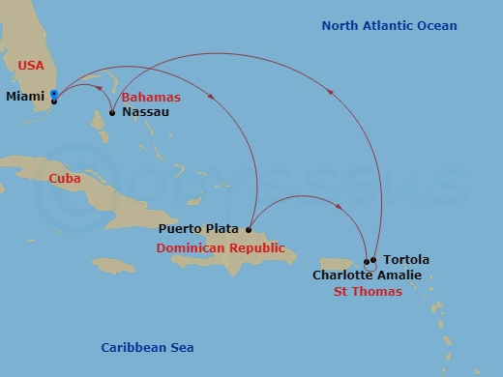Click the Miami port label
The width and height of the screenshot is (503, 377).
click(x=25, y=97)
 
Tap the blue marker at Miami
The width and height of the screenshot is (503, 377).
click(x=54, y=95)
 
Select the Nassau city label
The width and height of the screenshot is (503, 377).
click(x=146, y=112)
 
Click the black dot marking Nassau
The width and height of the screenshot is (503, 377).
click(x=112, y=113)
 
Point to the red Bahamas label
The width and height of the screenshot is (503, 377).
click(x=151, y=98)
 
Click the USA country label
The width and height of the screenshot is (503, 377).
click(x=32, y=65)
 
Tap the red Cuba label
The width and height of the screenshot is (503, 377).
click(x=65, y=179)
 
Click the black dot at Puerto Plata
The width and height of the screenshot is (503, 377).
click(x=249, y=230)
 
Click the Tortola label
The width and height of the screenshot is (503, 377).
click(x=406, y=260)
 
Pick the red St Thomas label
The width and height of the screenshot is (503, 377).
click(x=368, y=291)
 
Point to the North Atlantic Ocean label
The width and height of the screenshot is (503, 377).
click(x=389, y=26)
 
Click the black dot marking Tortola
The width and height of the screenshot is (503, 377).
click(x=372, y=260)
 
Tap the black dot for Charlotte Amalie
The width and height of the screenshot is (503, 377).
click(x=367, y=261)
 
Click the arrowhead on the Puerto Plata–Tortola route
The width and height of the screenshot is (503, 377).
click(x=340, y=206)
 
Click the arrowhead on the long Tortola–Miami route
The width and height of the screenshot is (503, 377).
click(x=331, y=93)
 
